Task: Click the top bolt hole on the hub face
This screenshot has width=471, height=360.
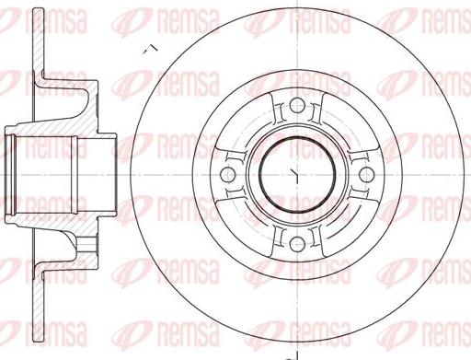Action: coord(297,106)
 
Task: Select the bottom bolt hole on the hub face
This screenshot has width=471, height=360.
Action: coord(297,244)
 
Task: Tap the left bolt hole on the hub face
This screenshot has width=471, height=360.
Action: coord(228,175)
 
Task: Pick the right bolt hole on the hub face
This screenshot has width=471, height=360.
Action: coord(366,175)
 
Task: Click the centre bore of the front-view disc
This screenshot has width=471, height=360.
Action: coord(297,175)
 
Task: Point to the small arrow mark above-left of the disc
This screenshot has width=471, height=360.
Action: coord(151,49)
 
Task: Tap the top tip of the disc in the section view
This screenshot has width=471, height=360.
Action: coord(38,10)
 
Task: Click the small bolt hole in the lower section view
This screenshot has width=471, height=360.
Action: coord(86,244)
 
